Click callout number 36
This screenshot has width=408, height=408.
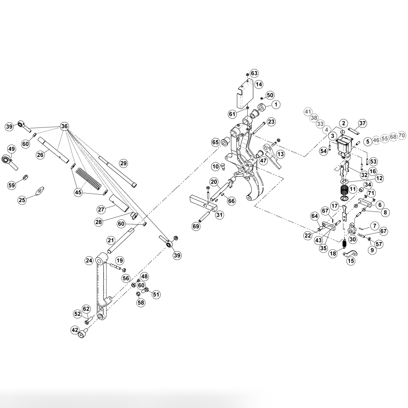click(x=64, y=126)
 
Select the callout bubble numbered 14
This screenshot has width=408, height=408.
click(x=259, y=84)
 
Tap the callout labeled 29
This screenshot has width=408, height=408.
click(x=123, y=164)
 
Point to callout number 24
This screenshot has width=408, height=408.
click(x=89, y=260)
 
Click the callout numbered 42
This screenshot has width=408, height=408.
click(x=75, y=330)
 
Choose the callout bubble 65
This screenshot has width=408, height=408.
click(x=216, y=143)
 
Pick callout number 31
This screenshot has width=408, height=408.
click(x=220, y=215)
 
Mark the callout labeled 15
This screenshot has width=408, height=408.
click(x=351, y=261)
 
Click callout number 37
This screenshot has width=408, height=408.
click(x=363, y=123)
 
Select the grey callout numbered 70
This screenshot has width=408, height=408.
click(x=402, y=135)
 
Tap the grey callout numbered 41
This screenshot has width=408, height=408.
click(x=308, y=112)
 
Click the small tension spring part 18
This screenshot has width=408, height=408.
click(x=344, y=244)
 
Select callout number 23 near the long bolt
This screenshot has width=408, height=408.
click(x=271, y=121)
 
